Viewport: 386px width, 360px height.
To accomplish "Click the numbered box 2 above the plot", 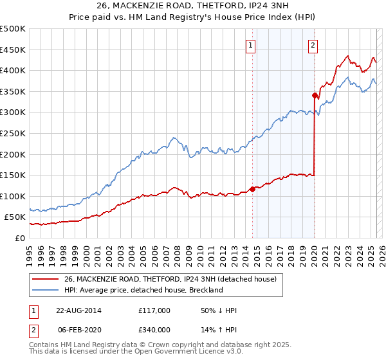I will [312, 45].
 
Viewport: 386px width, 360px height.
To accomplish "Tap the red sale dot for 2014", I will [252, 189].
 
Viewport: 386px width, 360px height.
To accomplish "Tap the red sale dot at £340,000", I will [315, 96].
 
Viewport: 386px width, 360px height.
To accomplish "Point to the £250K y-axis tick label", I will [13, 133].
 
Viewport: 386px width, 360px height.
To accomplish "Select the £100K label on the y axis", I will [13, 196].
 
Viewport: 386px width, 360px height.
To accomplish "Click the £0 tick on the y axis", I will [19, 238].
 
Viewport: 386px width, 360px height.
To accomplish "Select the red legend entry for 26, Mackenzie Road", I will [170, 279].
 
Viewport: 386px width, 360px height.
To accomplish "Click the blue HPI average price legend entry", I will [143, 290].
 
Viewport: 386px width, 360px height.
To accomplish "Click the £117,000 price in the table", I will [154, 310].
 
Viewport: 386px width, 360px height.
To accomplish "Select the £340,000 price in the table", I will [154, 329].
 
